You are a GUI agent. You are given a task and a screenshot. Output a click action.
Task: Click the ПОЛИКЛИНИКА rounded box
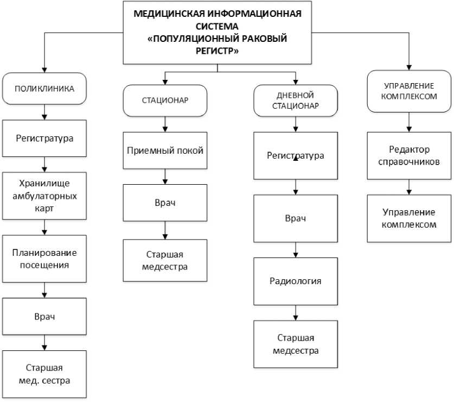(44, 88)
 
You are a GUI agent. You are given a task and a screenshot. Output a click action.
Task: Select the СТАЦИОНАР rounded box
(164, 100)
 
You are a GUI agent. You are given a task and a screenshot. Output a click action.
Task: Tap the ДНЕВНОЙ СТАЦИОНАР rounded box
(295, 101)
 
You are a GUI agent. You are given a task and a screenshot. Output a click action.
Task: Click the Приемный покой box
(165, 151)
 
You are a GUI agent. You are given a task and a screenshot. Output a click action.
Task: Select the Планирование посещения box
(44, 259)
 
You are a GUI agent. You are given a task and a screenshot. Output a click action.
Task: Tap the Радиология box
(295, 281)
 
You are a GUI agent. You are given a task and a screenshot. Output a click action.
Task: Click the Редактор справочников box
(410, 155)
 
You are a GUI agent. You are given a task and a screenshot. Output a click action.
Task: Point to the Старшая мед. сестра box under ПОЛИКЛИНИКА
(44, 374)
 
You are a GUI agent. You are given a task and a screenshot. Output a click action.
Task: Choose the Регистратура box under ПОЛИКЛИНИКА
(44, 138)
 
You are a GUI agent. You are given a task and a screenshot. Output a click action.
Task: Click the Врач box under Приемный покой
(165, 203)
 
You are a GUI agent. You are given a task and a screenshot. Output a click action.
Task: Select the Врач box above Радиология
(295, 218)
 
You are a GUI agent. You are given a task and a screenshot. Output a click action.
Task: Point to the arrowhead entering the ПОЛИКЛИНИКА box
(44, 70)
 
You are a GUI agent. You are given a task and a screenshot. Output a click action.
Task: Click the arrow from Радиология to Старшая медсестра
(295, 313)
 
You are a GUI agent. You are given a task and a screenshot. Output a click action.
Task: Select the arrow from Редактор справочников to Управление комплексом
(410, 187)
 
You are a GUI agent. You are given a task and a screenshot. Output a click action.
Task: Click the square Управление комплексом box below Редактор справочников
(410, 218)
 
